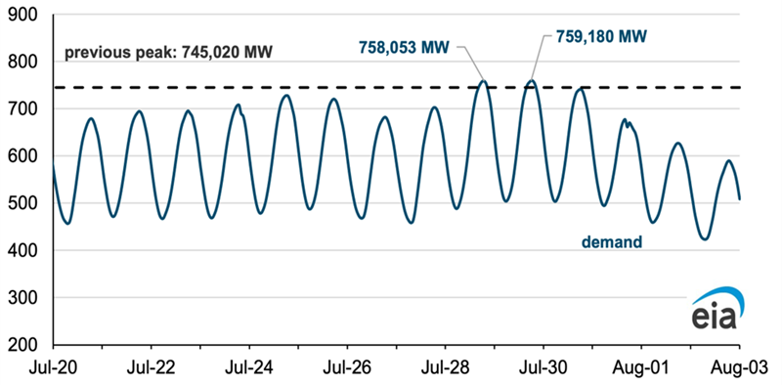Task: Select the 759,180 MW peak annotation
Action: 596,36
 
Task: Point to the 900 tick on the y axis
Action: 26,15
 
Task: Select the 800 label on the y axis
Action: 26,62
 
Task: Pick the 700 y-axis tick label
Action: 26,108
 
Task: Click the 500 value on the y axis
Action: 26,203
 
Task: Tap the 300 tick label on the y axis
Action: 26,297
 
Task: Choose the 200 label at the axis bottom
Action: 26,344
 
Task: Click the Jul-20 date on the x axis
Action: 53,368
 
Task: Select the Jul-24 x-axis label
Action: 249,368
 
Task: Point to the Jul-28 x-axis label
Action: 445,368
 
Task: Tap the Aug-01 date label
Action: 640,368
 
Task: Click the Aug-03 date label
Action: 738,368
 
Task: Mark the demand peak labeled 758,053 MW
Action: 483,81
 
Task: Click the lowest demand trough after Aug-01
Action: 703,238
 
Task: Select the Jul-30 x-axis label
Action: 543,368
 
